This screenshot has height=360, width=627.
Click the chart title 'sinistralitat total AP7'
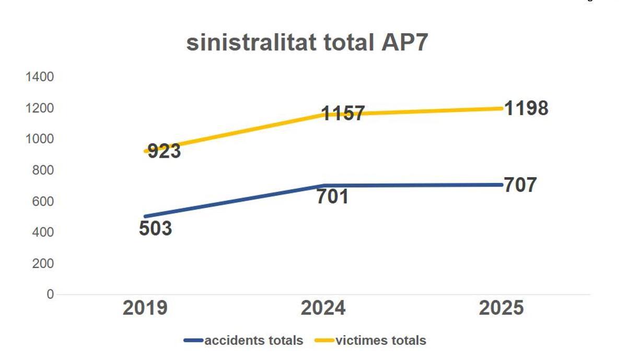coord(307,43)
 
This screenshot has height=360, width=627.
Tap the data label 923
coord(164,151)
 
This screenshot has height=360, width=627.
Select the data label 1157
coord(342,113)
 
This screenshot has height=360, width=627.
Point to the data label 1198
coord(526,108)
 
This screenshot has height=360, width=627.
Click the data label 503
coord(155,228)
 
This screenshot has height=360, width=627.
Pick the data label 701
coord(332,197)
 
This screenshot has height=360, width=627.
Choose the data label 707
coord(520,185)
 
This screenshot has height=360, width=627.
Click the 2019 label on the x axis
coord(145,308)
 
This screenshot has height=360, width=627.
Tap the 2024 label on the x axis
coord(323,308)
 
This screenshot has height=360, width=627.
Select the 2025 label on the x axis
coord(501,308)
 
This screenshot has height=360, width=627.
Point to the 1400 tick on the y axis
coord(40,77)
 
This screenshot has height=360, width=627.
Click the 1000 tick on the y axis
coord(40,139)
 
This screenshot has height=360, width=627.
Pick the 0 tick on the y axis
coord(50,294)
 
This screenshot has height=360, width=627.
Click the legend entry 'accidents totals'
coord(254,341)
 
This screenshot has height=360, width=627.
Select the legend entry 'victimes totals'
coord(381,341)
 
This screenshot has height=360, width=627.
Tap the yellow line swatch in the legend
coord(324,341)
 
